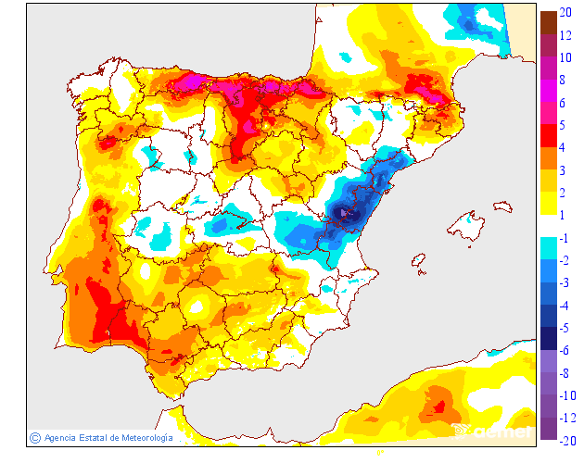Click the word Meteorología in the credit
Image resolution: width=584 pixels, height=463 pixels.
[x=141, y=437]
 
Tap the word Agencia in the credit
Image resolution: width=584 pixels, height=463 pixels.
[x=62, y=437]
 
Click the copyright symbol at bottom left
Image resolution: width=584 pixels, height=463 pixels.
[x=34, y=437]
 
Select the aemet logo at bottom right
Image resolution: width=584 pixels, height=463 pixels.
[x=501, y=432]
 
